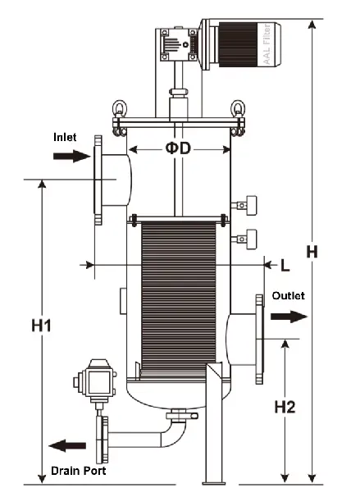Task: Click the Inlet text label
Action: (66, 137)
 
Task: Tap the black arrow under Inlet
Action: (70, 156)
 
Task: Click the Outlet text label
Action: (288, 296)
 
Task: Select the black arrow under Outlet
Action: (291, 317)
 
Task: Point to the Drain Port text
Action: (78, 471)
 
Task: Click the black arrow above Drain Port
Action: (67, 445)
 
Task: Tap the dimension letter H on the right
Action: (312, 252)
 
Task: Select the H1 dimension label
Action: (43, 326)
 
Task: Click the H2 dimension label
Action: (285, 408)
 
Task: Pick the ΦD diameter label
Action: (180, 149)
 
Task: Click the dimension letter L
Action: (285, 265)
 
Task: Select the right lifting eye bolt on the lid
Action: (239, 109)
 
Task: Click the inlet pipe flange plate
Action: (98, 180)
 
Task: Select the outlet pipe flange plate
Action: (262, 339)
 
